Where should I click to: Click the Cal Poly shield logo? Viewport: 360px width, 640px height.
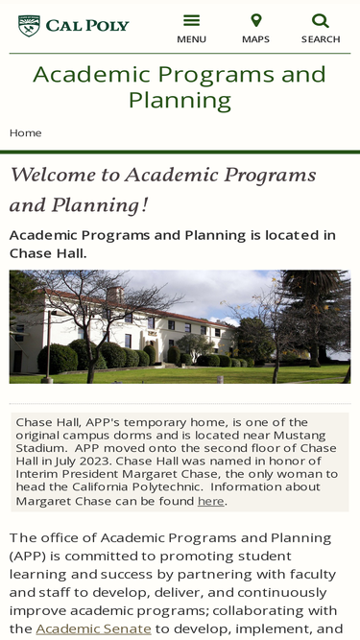coord(29,26)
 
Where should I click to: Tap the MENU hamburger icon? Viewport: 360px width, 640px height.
coord(191,20)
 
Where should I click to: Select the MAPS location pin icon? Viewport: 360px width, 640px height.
coord(256,20)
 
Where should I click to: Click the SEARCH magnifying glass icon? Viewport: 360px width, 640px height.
coord(321,20)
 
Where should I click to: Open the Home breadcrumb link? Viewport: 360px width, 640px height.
coord(25,133)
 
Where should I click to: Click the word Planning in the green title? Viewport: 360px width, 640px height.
coord(180,100)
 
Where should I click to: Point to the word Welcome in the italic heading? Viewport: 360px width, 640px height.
coord(53,175)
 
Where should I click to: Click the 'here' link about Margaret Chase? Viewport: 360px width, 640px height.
coord(210,501)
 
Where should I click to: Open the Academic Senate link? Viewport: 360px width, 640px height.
coord(93,628)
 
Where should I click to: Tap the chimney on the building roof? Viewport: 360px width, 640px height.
coord(114,294)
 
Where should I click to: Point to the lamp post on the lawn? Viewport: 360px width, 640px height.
coord(48,346)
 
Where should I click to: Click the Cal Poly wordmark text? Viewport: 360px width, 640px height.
coord(87,26)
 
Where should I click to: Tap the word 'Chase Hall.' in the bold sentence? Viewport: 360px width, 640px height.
coord(48,253)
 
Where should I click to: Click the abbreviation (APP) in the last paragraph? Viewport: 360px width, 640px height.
coord(22,557)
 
